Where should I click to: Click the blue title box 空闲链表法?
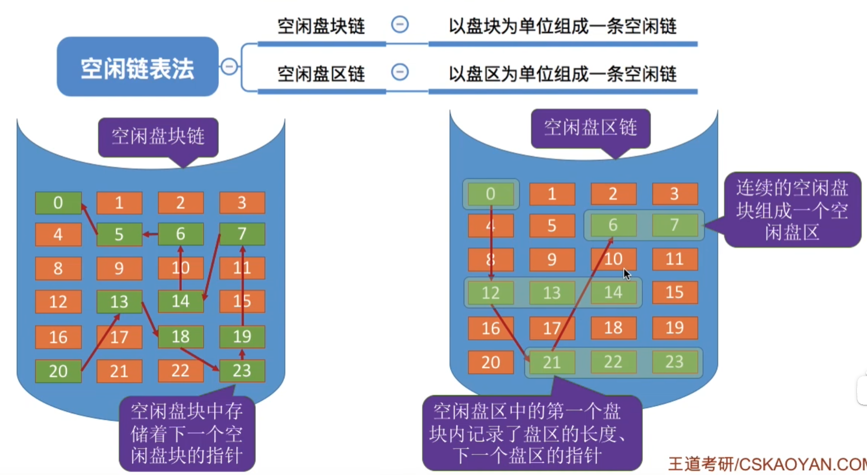137,67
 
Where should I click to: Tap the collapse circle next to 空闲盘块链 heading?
400,24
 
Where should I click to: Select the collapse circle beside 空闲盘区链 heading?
400,72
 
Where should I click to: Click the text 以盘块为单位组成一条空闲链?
562,26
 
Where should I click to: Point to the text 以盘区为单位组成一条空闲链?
562,73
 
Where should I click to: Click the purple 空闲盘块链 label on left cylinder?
158,136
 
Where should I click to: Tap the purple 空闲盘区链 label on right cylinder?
590,127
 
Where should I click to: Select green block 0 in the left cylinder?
58,203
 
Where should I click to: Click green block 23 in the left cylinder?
242,370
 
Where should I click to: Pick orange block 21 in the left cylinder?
119,371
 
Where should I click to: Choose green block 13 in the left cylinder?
119,302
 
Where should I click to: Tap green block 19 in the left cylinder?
242,337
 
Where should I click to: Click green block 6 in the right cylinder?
613,225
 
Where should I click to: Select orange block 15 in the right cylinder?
675,292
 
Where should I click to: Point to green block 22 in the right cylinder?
613,362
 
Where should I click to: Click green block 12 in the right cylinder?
491,293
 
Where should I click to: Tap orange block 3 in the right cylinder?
675,194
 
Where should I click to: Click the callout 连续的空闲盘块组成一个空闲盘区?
792,210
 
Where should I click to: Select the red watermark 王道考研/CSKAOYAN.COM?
767,464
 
